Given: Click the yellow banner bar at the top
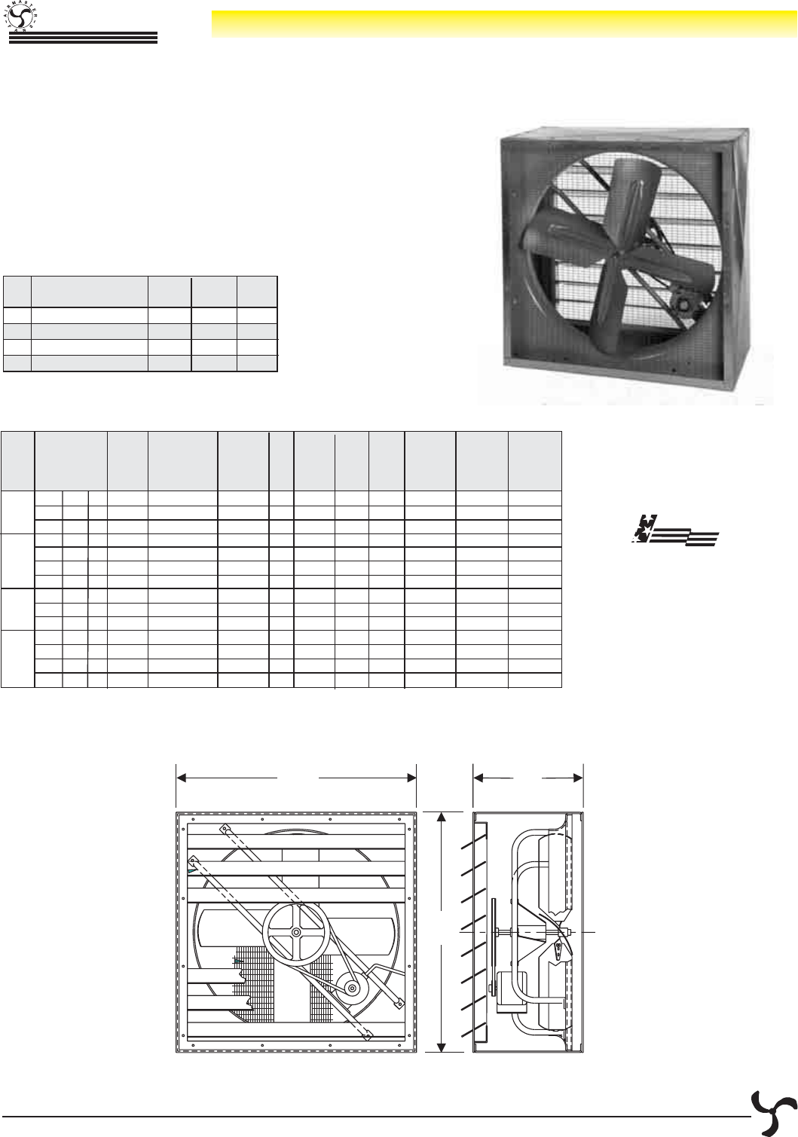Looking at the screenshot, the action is pyautogui.click(x=503, y=23).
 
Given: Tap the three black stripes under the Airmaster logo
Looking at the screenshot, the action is pyautogui.click(x=82, y=38).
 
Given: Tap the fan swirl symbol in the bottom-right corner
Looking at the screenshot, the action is pyautogui.click(x=772, y=1112).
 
